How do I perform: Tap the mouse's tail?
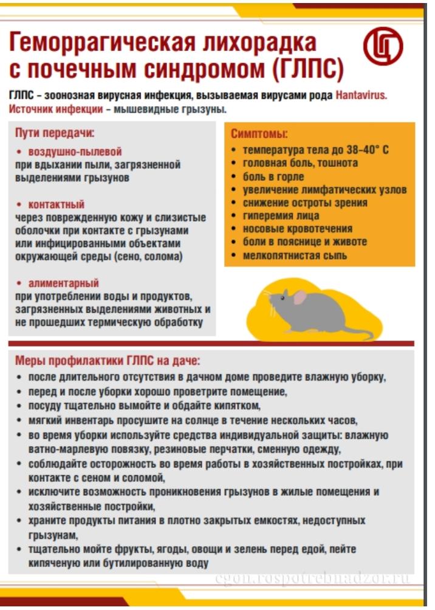point(358,331)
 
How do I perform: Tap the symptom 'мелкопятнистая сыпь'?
point(295,256)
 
